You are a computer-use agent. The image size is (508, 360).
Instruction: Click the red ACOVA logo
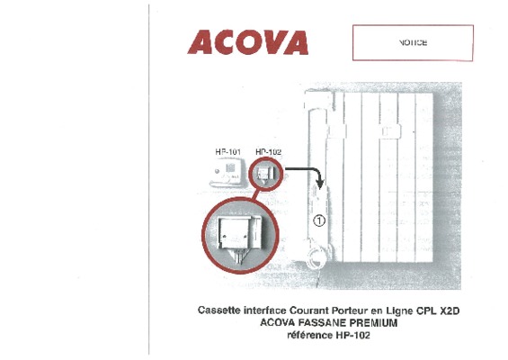(x=248, y=42)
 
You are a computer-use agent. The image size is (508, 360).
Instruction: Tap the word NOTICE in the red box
(x=413, y=43)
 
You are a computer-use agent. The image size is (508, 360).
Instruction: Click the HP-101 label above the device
(x=228, y=152)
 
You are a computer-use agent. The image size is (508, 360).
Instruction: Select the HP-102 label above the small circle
(x=268, y=152)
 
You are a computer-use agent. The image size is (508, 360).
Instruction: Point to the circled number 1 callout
(x=319, y=220)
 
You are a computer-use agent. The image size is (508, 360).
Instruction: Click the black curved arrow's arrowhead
(x=320, y=184)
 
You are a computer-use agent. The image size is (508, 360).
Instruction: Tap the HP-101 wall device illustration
(x=227, y=172)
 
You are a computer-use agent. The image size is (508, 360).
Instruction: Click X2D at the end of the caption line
(x=450, y=310)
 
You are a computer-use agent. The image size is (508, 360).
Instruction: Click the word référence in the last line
(x=310, y=335)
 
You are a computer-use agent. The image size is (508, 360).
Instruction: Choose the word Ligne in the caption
(x=399, y=310)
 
